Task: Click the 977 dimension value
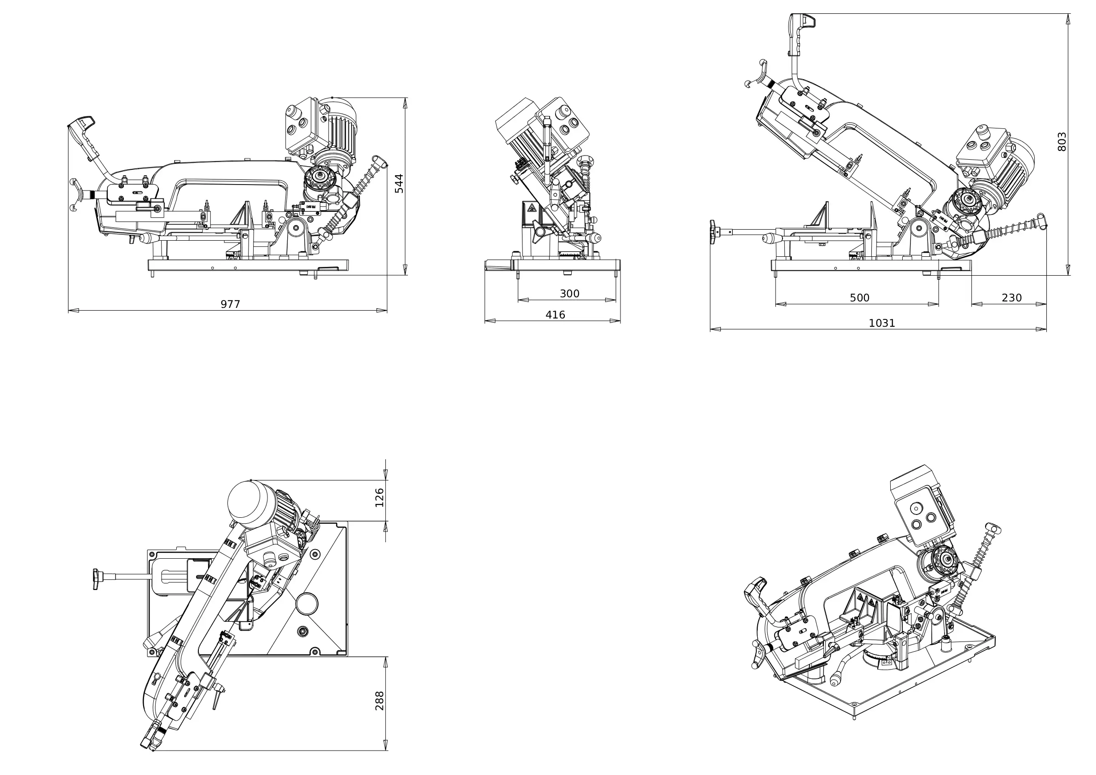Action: pyautogui.click(x=230, y=304)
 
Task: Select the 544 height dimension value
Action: pyautogui.click(x=399, y=184)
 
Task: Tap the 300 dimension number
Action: pyautogui.click(x=569, y=294)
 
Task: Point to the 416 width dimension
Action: pyautogui.click(x=555, y=315)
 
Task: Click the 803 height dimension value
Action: pyautogui.click(x=1061, y=142)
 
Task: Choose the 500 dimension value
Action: pyautogui.click(x=859, y=298)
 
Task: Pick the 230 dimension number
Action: pyautogui.click(x=1011, y=298)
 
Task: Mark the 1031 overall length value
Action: pyautogui.click(x=881, y=323)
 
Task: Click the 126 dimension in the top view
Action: pyautogui.click(x=379, y=498)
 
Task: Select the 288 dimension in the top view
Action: pyautogui.click(x=379, y=701)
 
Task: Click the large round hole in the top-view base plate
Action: pyautogui.click(x=307, y=604)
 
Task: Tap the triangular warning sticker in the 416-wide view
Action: pyautogui.click(x=530, y=208)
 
